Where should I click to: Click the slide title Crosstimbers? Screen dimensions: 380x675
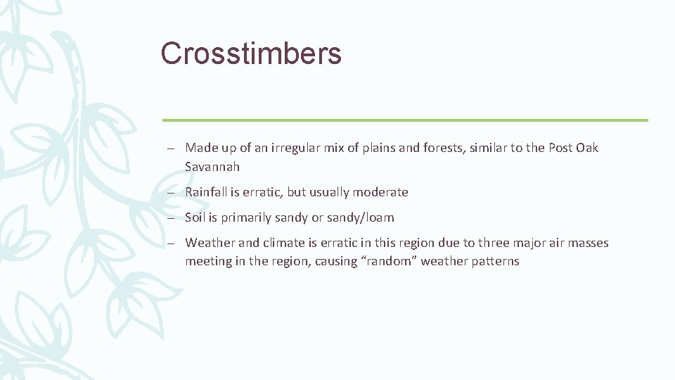pos(250,53)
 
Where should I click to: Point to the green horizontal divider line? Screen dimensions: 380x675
pos(405,120)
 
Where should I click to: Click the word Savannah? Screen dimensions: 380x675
pos(212,167)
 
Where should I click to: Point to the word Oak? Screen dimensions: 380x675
pos(587,148)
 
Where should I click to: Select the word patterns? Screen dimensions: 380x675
pos(495,261)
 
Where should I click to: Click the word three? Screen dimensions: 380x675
pos(494,243)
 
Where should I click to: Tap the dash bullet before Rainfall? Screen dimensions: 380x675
pos(172,192)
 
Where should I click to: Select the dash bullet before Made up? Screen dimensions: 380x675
pos(172,148)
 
